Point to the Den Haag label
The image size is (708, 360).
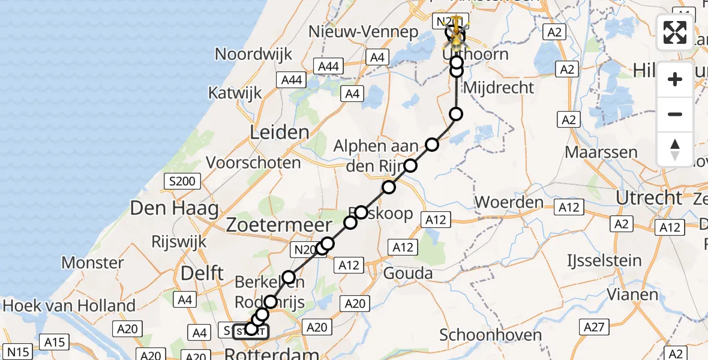coord(166,209)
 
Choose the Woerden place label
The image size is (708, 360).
coord(509,202)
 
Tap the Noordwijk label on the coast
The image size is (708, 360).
coord(254,54)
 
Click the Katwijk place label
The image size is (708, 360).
coord(235,94)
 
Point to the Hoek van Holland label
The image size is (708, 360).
coord(69,306)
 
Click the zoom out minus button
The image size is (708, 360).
coord(675,114)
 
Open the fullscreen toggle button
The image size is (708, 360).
coord(675,32)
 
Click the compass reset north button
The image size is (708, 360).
coord(675,149)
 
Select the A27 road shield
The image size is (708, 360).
coord(593,327)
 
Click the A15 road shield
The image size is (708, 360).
coord(53,342)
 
